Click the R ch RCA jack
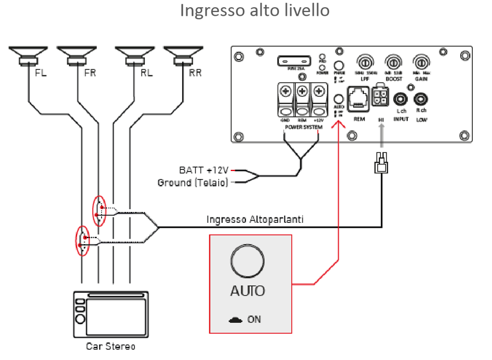420,99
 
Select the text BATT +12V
204,170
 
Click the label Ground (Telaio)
192,182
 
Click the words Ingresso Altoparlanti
255,219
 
